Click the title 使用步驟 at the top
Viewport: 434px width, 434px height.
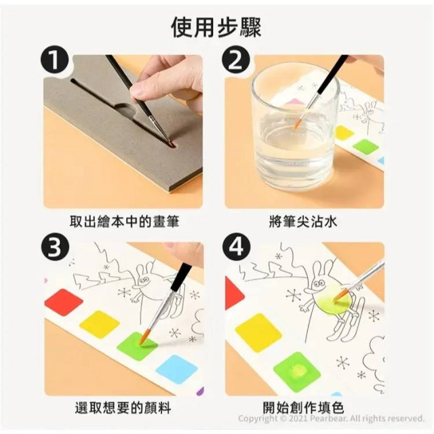coord(217,26)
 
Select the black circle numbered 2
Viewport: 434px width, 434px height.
coord(235,62)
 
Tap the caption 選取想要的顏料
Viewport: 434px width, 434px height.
coord(124,408)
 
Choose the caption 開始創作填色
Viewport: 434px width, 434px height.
coord(304,408)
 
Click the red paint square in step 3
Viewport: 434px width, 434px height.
coord(62,302)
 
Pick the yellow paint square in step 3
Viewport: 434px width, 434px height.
coord(100,323)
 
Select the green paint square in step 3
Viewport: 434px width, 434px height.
coord(138,345)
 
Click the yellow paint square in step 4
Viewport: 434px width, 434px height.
coord(258,333)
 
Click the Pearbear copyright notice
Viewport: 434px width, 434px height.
coord(331,418)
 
